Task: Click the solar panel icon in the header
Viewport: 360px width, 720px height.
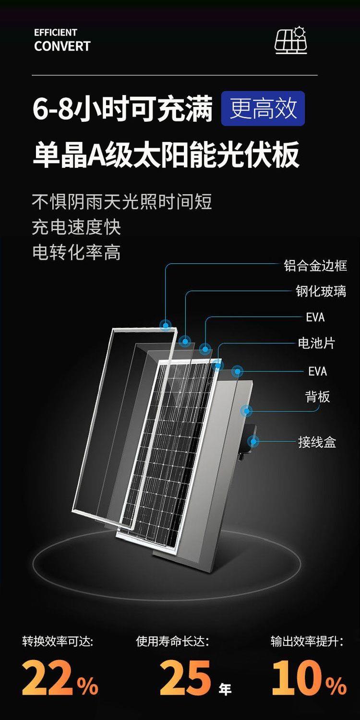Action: tap(291, 41)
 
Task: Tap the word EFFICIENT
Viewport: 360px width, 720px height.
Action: tap(56, 33)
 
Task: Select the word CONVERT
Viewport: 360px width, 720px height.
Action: tap(62, 47)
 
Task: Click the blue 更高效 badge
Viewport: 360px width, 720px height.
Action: tap(263, 109)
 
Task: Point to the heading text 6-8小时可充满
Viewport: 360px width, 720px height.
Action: tap(122, 109)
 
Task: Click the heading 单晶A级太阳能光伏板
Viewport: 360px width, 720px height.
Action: tap(166, 154)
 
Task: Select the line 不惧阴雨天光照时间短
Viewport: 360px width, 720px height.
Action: tap(122, 202)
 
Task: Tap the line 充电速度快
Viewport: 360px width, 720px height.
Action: tap(76, 227)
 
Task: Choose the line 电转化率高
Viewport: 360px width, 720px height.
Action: tap(76, 252)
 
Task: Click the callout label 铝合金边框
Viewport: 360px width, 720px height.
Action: tap(315, 266)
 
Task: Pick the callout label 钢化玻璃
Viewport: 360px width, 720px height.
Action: tap(321, 291)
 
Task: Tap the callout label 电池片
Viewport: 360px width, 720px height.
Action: tap(316, 343)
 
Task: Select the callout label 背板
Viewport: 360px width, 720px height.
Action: tap(318, 397)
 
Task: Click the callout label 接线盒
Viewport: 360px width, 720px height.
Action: tap(317, 442)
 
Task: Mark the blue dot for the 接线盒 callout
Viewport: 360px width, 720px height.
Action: tap(253, 441)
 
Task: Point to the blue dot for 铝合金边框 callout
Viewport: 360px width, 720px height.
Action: tap(166, 325)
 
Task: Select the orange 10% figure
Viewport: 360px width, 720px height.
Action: tap(309, 678)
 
